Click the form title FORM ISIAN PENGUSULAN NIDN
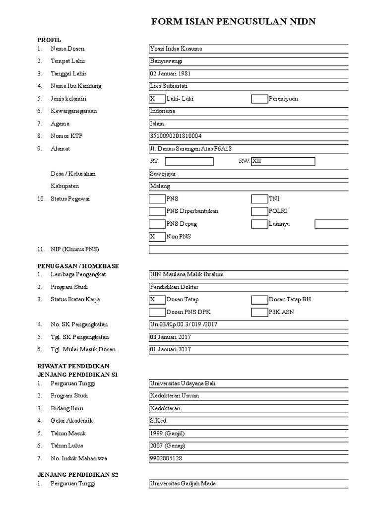[x=233, y=21]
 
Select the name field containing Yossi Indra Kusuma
[x=248, y=49]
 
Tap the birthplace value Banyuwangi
[x=248, y=61]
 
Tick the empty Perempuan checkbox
[x=259, y=99]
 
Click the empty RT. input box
[x=189, y=161]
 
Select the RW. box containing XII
[x=283, y=161]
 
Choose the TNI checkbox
[x=259, y=199]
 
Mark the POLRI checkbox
[x=259, y=211]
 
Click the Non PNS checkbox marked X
[x=157, y=237]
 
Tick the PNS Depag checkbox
[x=157, y=224]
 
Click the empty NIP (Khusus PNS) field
[x=248, y=249]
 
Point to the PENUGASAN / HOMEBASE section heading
[x=78, y=266]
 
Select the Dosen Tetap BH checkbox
[x=259, y=300]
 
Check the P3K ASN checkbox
[x=259, y=312]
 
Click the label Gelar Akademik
[x=71, y=421]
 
